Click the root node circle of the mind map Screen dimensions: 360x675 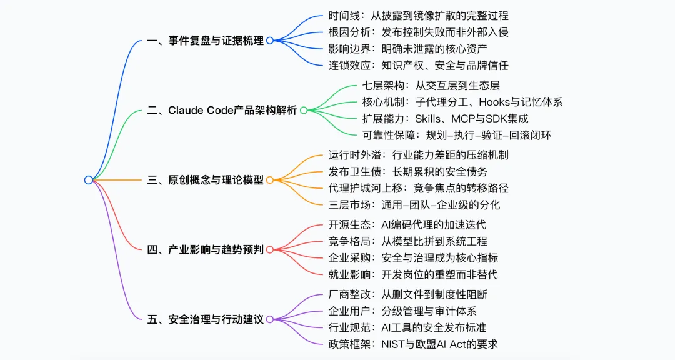[x=89, y=180]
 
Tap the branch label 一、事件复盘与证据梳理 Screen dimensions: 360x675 [x=205, y=41]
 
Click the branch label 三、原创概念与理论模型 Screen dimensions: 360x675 [x=205, y=180]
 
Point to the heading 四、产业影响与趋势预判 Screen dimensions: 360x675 [x=205, y=249]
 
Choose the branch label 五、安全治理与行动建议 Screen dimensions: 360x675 [x=205, y=319]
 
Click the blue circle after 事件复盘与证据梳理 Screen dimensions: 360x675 [x=270, y=41]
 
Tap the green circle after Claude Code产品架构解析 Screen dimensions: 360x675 [x=304, y=111]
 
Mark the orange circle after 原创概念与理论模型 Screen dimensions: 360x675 [x=270, y=180]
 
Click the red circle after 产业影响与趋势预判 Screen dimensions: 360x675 [x=270, y=250]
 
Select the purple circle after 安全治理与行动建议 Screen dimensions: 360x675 [x=270, y=319]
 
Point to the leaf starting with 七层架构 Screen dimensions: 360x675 [x=431, y=86]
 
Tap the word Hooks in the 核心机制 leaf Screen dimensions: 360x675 [x=496, y=102]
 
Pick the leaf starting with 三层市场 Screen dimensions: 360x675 [x=414, y=204]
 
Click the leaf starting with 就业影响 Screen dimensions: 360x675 [x=413, y=274]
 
